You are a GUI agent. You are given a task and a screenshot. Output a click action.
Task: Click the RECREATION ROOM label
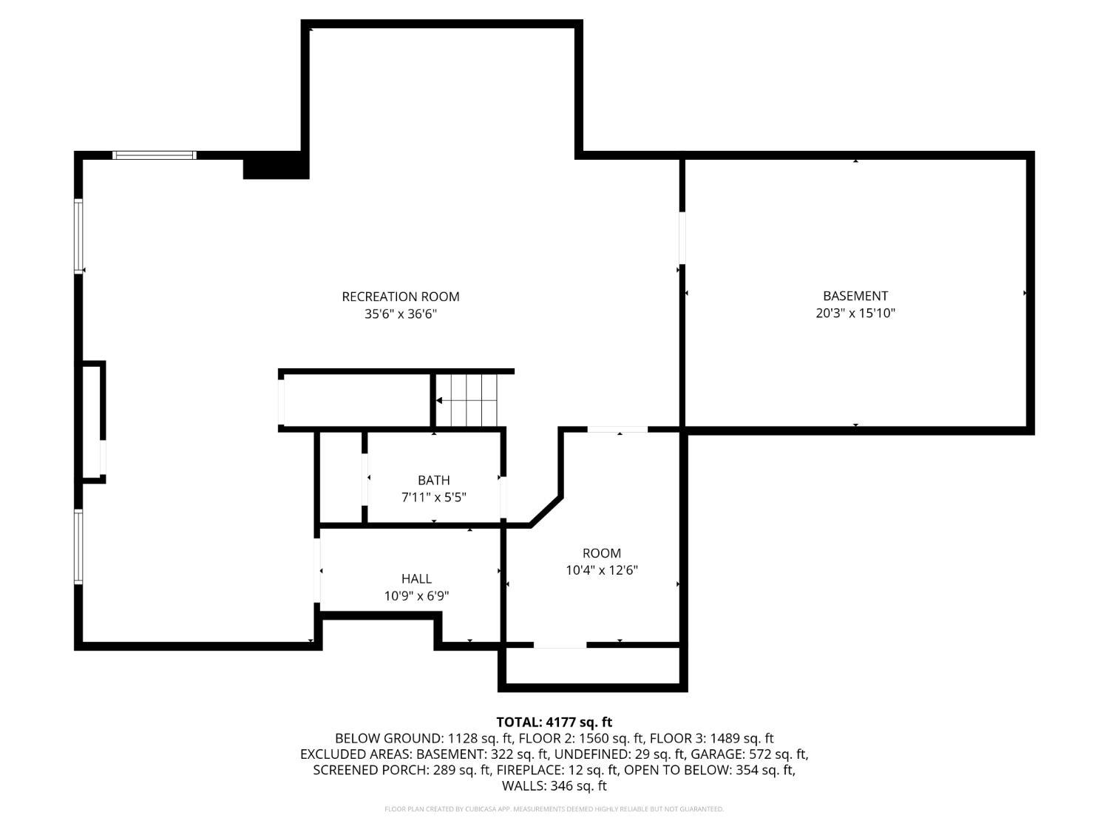400,297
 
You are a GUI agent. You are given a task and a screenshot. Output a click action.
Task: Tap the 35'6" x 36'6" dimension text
400,314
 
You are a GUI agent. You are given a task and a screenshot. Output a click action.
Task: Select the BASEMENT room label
855,296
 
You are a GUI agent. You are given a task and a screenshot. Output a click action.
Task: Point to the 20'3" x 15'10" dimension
855,313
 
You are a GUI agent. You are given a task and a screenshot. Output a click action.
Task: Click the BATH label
433,480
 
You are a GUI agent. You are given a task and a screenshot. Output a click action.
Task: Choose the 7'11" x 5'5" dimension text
433,498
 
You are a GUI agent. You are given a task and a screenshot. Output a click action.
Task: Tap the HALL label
416,578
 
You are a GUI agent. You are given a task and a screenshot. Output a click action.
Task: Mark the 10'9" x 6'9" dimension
416,596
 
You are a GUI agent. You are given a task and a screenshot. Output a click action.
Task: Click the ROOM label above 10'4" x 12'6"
601,552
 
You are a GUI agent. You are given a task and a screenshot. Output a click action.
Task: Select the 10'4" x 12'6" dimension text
601,570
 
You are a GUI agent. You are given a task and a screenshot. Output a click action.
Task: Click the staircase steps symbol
467,400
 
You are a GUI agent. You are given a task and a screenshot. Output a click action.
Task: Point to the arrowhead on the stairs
439,401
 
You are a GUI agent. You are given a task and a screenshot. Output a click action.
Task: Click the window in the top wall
154,155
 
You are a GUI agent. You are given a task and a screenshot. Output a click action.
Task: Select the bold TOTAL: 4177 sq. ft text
554,723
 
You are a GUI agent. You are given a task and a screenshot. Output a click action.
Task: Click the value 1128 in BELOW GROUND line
462,739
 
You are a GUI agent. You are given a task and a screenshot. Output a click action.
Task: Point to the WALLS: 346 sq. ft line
554,785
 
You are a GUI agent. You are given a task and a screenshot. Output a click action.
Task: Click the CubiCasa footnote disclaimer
554,809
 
